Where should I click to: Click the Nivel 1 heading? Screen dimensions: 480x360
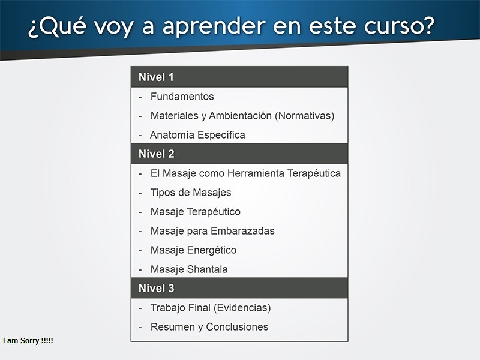156,77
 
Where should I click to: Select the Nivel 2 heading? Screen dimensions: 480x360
157,154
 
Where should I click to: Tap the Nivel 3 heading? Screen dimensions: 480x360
157,288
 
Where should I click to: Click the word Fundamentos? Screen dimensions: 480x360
182,97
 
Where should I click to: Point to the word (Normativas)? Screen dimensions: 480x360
305,116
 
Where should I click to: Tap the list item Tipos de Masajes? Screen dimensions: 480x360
191,193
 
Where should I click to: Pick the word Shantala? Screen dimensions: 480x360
207,269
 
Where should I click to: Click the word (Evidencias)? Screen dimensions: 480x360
242,308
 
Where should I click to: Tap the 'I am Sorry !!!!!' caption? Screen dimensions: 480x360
28,341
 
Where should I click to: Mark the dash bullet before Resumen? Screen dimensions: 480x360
140,328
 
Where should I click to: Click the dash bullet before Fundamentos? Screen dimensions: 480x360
140,97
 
